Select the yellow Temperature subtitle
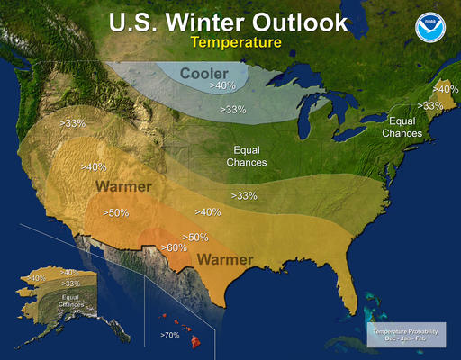point(230,41)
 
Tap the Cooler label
point(204,72)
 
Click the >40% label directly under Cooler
point(223,85)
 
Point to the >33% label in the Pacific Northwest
point(74,121)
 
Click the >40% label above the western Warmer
point(94,166)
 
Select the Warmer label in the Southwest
point(123,187)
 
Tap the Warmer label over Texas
point(224,259)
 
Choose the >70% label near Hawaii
point(170,335)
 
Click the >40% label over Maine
point(446,89)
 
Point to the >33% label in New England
point(431,106)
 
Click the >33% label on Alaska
point(70,283)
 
